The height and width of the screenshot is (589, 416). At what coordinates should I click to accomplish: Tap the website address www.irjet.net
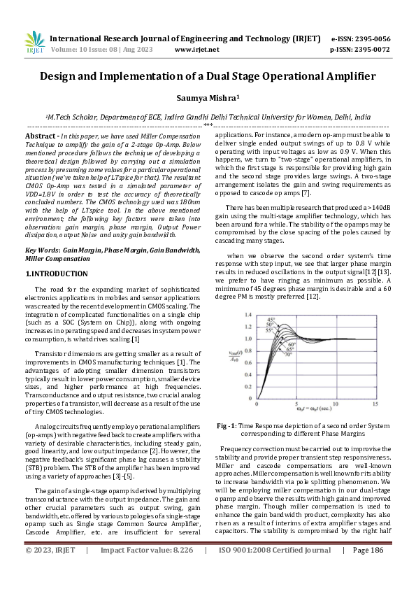(196, 50)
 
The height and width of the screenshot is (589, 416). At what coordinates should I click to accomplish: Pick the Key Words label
(45, 230)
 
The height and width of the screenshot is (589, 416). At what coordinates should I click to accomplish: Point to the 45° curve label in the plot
(270, 320)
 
